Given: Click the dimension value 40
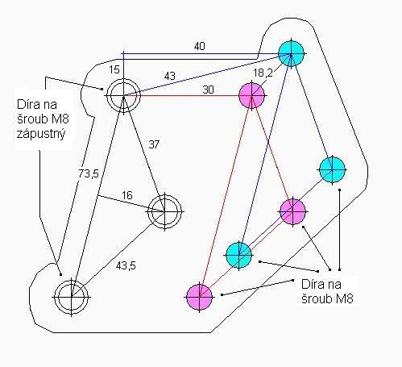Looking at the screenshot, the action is coord(200,46).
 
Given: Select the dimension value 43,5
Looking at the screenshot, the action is coord(126,265).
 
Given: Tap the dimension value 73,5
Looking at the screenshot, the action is coord(89,173).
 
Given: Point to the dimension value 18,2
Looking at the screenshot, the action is coord(263,73).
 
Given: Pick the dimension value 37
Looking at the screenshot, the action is coord(154,144).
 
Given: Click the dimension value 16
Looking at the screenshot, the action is coord(127,195).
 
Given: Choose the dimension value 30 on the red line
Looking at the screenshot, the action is coord(208,90).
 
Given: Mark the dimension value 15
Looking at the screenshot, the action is coord(114,69).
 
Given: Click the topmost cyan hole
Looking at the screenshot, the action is coord(291,53).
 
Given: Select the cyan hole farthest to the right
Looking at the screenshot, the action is coord(332,170).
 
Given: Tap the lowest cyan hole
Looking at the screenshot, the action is coord(238,255).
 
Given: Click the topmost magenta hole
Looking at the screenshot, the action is coord(251,95).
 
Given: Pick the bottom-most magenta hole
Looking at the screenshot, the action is coord(200,297).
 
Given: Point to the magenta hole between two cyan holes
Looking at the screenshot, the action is coord(292,211).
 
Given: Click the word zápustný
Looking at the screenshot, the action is coord(41,134).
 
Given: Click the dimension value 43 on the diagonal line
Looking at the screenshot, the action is coord(170,76).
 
